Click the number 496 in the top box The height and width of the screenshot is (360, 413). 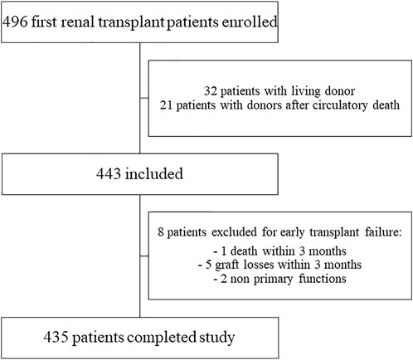(x=15, y=22)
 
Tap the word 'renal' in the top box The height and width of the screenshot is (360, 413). (x=78, y=22)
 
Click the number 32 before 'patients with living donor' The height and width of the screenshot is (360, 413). (x=210, y=91)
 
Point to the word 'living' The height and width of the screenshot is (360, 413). (x=305, y=91)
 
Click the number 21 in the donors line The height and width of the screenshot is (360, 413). (x=166, y=105)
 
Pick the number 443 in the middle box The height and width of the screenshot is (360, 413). (x=108, y=173)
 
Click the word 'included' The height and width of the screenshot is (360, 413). (x=154, y=173)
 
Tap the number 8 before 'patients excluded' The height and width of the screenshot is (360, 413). (x=161, y=231)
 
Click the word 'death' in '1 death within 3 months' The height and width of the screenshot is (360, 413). (x=244, y=251)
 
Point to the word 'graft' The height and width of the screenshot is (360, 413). (x=226, y=265)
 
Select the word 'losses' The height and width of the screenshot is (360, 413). (x=259, y=265)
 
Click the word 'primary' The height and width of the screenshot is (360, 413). (x=273, y=279)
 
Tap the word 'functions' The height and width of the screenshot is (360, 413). (x=323, y=279)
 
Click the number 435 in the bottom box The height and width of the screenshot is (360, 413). (x=56, y=337)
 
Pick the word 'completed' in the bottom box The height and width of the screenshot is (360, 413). (x=161, y=338)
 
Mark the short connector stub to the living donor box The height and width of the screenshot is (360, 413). (x=144, y=98)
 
